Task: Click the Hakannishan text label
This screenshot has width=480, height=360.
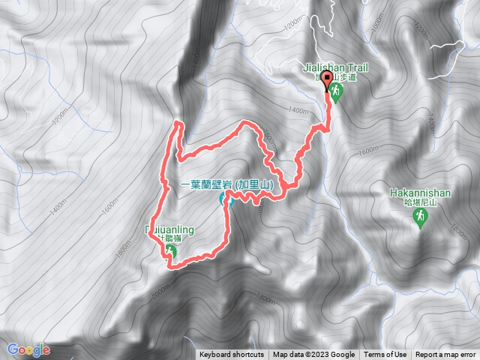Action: coord(420,193)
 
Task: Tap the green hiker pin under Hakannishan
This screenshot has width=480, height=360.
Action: coord(420,217)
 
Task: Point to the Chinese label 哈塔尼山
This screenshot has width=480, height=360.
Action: coord(420,202)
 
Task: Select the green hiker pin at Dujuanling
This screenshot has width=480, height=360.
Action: coord(172,252)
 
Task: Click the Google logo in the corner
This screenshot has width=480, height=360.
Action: coord(28,349)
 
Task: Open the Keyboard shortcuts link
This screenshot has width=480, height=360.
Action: coord(231,355)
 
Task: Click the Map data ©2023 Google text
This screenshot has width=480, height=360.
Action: coord(313,355)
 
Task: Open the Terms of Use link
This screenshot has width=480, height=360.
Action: coord(385,355)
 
